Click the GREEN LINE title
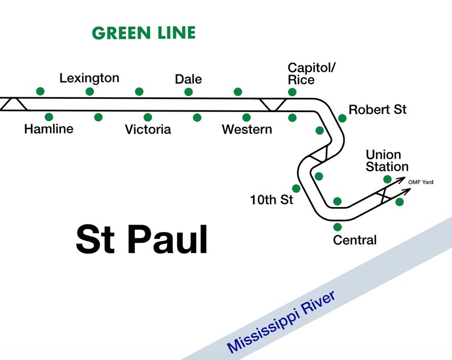143,33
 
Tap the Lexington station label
89,78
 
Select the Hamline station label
49,129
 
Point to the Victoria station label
148,130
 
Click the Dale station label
188,79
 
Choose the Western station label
246,130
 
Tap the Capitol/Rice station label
311,74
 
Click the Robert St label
377,110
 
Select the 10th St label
271,200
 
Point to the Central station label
355,240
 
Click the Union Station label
387,160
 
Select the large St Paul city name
142,239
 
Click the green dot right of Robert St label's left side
342,118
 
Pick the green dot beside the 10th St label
295,188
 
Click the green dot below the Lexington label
89,92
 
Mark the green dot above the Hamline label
49,117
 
